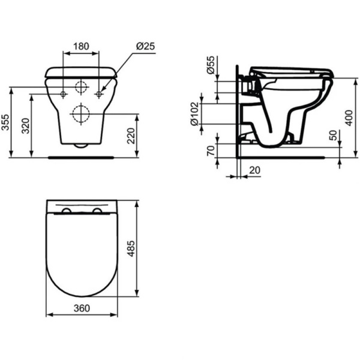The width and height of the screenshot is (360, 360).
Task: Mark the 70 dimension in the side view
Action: coord(210,151)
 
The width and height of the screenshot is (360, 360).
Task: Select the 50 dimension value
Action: coord(332,135)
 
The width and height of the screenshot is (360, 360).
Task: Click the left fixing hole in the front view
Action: coord(64,94)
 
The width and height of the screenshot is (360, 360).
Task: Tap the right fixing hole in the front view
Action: coord(100,94)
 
